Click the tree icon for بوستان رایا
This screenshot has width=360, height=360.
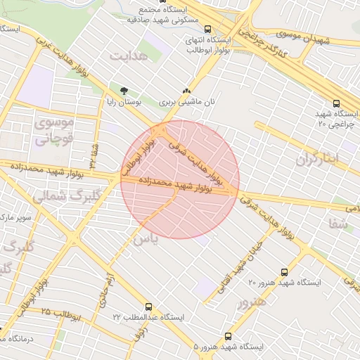pyautogui.click(x=124, y=90)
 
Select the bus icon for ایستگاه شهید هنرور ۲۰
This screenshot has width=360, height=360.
pyautogui.click(x=284, y=271)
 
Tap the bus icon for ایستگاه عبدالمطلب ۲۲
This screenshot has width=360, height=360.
pyautogui.click(x=148, y=307)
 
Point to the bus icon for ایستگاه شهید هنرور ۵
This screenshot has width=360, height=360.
pyautogui.click(x=227, y=336)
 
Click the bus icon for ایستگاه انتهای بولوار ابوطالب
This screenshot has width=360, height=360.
pyautogui.click(x=208, y=29)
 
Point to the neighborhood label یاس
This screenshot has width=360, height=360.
pyautogui.click(x=143, y=240)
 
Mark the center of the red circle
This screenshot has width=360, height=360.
pyautogui.click(x=180, y=179)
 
